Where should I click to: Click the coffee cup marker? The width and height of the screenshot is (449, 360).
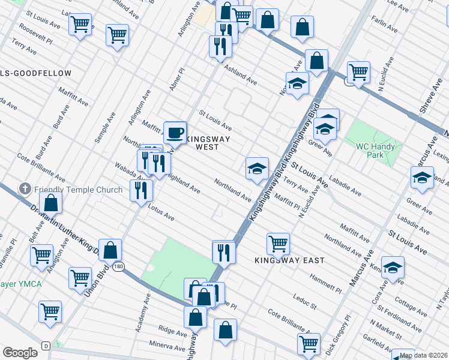(x=175, y=131)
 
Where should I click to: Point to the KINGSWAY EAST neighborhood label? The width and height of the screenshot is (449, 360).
(x=289, y=260)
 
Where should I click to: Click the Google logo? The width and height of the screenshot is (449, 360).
(x=20, y=353)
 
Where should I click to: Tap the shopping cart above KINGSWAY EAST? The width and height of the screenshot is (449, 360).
(x=278, y=244)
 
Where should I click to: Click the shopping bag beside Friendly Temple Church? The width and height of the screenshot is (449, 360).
(x=52, y=203)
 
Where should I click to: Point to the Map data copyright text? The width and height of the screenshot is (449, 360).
(x=424, y=355)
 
